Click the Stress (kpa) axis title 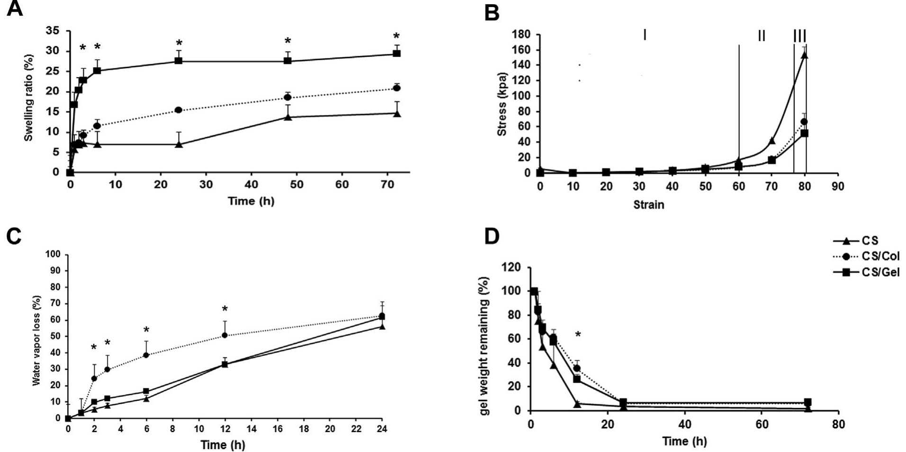point(502,104)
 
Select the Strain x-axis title point(648,205)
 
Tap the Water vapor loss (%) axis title point(36,341)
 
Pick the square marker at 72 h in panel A point(397,53)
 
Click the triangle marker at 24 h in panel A point(179,144)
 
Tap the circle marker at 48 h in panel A point(287,97)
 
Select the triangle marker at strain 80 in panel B point(804,55)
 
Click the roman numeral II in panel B point(761,35)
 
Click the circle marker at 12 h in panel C point(224,335)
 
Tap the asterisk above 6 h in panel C point(146,330)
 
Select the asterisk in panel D point(578,336)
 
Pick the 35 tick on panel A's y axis point(52,31)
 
